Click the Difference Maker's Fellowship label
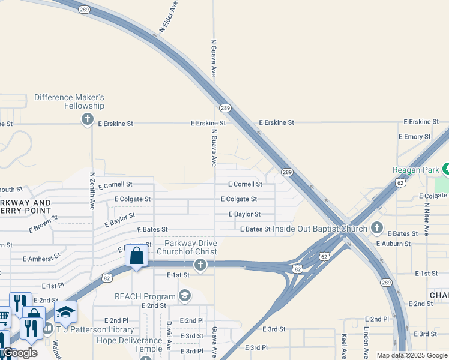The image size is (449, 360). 70,101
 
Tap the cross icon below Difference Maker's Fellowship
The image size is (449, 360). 88,119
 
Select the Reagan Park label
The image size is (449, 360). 417,170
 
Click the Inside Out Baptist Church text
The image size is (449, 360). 320,229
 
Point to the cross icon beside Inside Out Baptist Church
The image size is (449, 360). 376,228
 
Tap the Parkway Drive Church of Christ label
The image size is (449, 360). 187,247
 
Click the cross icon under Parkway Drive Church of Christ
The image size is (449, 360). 200,265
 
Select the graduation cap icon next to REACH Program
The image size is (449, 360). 185,296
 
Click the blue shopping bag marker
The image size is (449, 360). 137,256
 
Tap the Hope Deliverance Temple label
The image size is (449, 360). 130,344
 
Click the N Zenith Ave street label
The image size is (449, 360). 92,191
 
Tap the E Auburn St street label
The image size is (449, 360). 393,244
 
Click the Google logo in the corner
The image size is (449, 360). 20,353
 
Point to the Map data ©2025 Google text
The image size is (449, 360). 411,355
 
